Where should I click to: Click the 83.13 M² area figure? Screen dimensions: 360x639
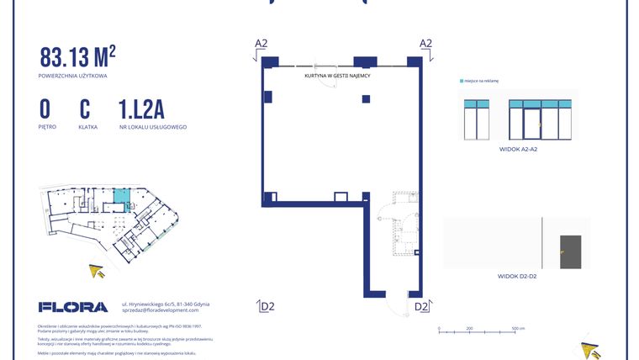[77, 57]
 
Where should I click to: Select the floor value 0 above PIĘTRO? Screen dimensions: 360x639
[45, 109]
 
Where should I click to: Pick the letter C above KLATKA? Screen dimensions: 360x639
[85, 109]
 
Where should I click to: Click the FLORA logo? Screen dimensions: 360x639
[73, 307]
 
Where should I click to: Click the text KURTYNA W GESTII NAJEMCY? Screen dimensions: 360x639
[338, 76]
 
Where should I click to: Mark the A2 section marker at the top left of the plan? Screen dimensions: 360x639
[261, 44]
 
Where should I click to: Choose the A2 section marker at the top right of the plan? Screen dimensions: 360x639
[425, 44]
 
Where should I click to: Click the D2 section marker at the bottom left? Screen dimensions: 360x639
[266, 306]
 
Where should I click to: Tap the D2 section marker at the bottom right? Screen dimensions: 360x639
[421, 306]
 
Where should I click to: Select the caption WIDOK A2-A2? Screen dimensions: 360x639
[518, 149]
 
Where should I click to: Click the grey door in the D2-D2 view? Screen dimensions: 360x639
[571, 251]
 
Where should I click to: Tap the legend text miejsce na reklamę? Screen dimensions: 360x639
[482, 82]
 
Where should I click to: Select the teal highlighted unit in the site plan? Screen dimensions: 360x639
[122, 197]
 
